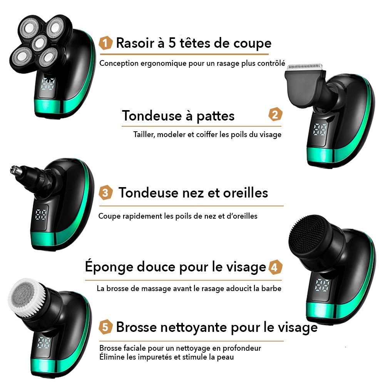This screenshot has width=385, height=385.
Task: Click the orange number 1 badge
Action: pos(105,43)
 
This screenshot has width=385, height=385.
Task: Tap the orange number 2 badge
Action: pos(275,114)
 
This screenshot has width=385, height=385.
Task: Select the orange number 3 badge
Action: pos(105,192)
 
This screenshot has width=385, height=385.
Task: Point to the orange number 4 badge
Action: pos(275,267)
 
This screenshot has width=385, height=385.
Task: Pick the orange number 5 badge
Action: pos(105,327)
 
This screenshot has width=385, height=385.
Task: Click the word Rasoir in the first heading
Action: pos(135,43)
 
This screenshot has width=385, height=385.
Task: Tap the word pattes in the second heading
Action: pos(216,116)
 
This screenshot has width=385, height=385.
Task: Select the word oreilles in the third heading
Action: pos(245,193)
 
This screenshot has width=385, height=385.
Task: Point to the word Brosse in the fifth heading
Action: pos(137,327)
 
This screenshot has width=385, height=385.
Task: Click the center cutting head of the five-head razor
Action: pos(40,43)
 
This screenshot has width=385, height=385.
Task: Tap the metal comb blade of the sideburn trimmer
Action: pos(305,67)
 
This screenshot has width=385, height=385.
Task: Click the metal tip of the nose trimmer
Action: pos(14,170)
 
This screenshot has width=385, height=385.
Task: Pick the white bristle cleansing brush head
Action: pos(27,297)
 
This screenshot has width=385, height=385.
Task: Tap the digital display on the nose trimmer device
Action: pos(40,214)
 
